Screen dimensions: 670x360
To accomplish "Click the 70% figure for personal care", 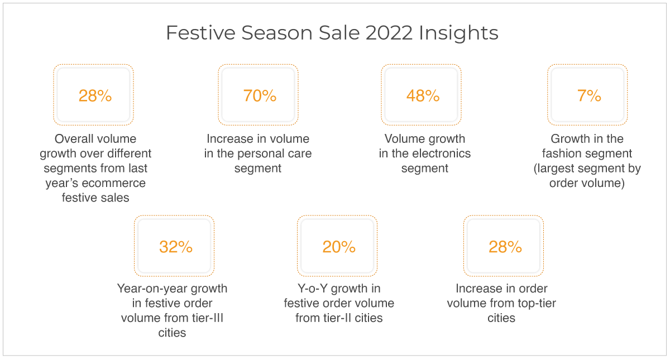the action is (x=260, y=95).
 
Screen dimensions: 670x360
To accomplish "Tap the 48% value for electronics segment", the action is (x=423, y=95).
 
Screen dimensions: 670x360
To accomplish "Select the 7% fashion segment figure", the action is (x=589, y=95).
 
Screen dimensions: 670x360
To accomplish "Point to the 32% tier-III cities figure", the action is (x=176, y=247).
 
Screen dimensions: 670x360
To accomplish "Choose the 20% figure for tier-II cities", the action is (x=339, y=247).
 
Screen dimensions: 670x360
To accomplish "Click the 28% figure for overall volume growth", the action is (x=95, y=95).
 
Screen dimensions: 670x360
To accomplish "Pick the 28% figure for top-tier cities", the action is (x=505, y=247).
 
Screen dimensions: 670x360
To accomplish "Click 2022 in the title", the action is (x=389, y=32).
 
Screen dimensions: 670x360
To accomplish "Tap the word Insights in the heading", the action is (x=458, y=33).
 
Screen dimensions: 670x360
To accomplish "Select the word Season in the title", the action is (x=277, y=32).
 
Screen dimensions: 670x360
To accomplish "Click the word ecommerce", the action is (x=114, y=183).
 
